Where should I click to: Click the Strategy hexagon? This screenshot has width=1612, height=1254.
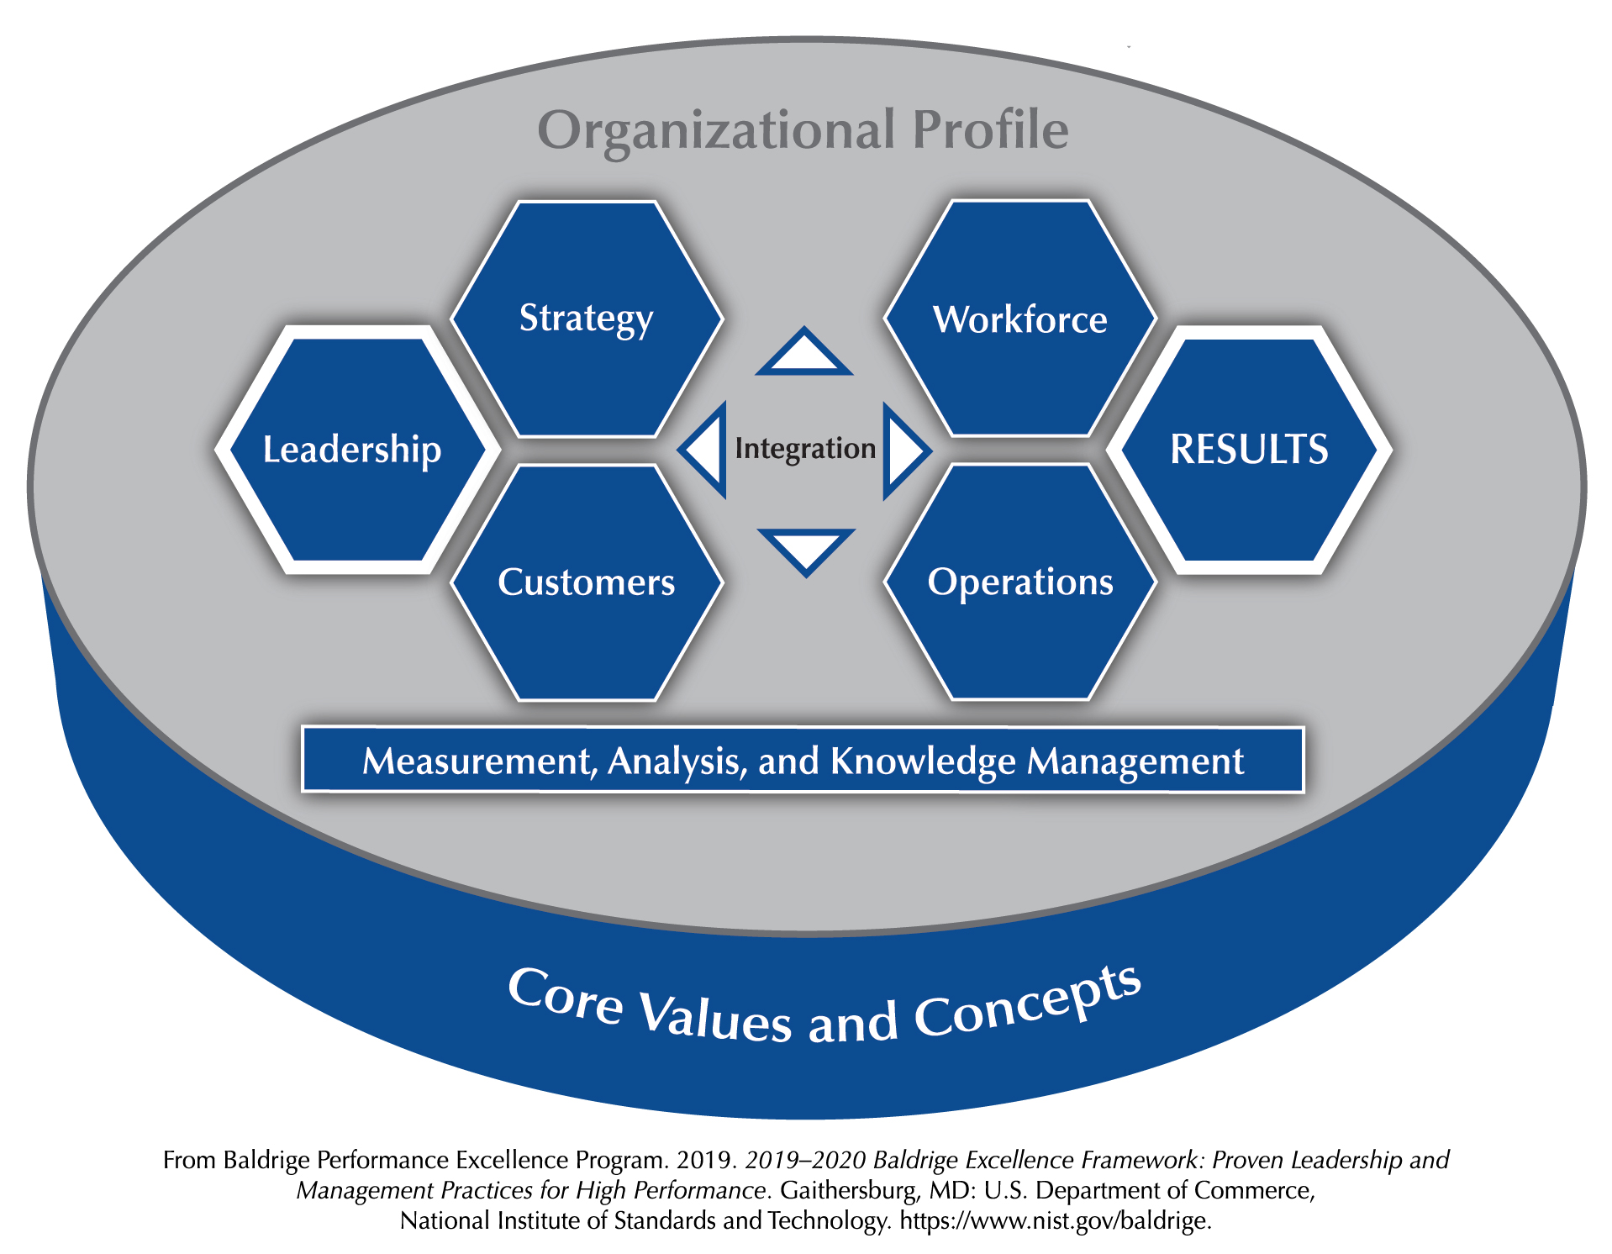[x=587, y=319]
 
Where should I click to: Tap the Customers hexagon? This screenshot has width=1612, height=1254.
[x=587, y=582]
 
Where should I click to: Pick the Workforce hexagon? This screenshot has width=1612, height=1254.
[x=1020, y=319]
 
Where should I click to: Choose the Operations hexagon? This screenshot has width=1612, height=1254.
[x=1020, y=582]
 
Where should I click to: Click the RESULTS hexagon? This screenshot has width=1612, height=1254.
[x=1249, y=450]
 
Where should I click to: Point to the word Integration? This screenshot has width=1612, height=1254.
[x=805, y=449]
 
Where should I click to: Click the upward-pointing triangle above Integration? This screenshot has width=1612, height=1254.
[x=804, y=350]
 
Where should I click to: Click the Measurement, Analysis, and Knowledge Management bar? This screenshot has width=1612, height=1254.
[x=803, y=760]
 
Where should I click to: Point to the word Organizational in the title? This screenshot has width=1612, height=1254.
[x=717, y=131]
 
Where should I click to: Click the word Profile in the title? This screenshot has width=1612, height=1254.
[x=991, y=129]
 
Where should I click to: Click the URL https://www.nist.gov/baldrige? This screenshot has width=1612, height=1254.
[x=1056, y=1220]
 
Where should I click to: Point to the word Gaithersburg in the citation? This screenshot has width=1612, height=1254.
[x=848, y=1190]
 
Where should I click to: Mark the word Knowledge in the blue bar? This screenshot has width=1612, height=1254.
[x=924, y=761]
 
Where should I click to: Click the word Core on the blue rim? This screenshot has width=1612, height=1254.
[x=566, y=997]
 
